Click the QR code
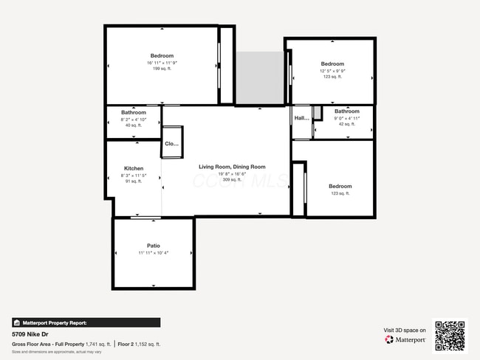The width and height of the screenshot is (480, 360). click(x=450, y=336)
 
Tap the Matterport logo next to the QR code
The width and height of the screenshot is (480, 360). click(x=405, y=340)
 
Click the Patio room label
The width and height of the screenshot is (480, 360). click(x=154, y=246)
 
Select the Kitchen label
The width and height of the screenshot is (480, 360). click(x=134, y=168)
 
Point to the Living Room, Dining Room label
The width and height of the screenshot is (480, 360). click(x=231, y=167)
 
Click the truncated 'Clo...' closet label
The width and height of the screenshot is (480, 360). click(x=172, y=144)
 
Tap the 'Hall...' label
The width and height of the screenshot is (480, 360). click(x=301, y=118)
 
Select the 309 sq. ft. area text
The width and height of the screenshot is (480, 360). click(x=231, y=180)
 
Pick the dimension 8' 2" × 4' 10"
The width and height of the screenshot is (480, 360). click(x=134, y=119)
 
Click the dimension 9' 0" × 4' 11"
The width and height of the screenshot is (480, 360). click(x=346, y=118)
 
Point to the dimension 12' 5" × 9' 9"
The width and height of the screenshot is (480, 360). click(x=332, y=71)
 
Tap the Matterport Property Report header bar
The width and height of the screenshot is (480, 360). click(x=86, y=322)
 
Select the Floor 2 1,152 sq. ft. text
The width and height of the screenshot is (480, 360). click(x=140, y=345)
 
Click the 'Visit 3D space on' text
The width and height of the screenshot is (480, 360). click(x=405, y=330)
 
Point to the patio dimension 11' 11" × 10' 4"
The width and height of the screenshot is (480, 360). click(x=154, y=253)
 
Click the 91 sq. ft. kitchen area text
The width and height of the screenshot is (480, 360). click(x=134, y=181)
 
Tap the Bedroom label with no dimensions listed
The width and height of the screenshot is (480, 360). click(x=340, y=187)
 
